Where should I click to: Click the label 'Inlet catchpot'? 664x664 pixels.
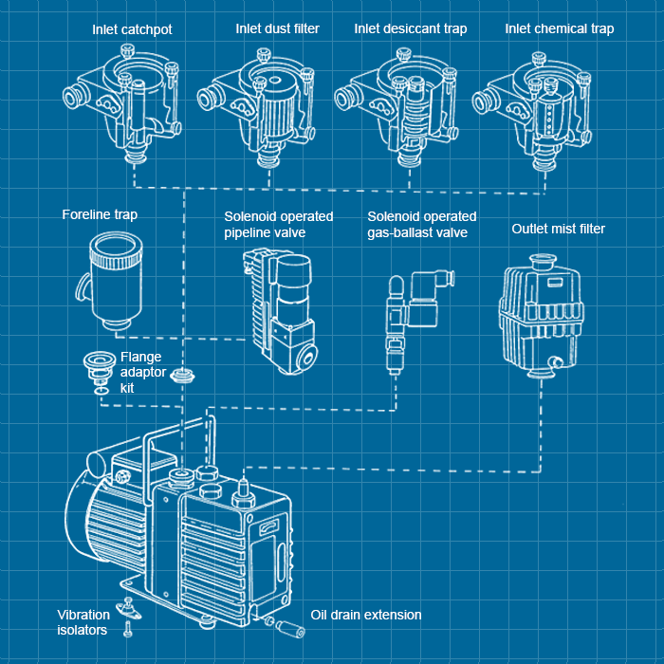(132, 28)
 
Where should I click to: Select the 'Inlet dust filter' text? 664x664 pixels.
(277, 28)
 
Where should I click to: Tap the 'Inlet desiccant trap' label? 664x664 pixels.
(411, 28)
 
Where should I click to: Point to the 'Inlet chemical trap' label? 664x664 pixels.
(560, 28)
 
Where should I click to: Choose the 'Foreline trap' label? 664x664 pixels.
(100, 214)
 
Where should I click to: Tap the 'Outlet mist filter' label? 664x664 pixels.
(558, 229)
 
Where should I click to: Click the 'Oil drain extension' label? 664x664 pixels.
(365, 615)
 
